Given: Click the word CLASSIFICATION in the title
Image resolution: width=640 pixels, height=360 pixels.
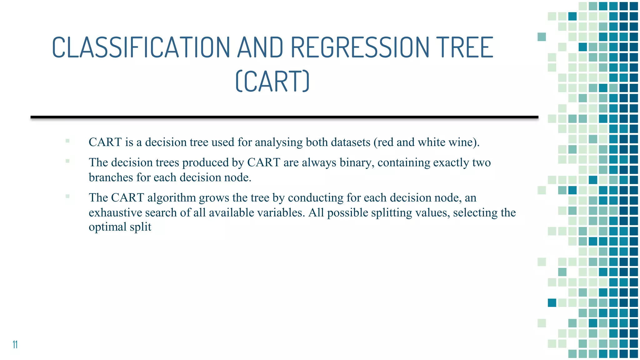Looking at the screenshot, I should click(x=141, y=47).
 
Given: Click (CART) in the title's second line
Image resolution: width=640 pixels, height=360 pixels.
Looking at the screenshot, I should click(x=272, y=81).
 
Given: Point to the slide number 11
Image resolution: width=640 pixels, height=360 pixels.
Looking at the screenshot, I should click(x=15, y=344).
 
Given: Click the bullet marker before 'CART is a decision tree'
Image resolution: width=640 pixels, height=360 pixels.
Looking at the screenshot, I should click(x=67, y=141).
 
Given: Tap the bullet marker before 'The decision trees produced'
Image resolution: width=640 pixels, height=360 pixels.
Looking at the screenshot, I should click(x=67, y=161).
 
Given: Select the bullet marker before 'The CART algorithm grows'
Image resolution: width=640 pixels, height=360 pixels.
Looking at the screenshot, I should click(x=67, y=197).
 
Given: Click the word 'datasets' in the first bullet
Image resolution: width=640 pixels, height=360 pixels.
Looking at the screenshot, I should click(x=350, y=142).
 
